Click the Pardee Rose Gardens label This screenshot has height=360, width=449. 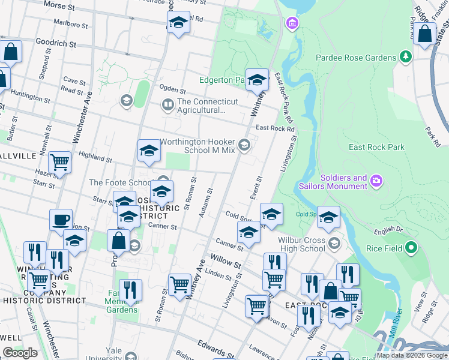(x=356, y=58)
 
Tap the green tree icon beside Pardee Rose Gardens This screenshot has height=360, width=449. (x=406, y=57)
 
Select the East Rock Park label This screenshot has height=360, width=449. (x=376, y=147)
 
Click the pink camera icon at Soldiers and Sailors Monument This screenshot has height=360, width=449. (x=376, y=180)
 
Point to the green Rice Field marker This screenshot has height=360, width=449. (x=411, y=247)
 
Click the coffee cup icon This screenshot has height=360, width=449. (x=61, y=220)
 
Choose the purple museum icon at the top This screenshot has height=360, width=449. (x=292, y=23)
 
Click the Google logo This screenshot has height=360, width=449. (x=20, y=353)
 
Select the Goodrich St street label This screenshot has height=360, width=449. (x=55, y=44)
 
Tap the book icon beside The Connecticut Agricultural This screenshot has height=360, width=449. (x=167, y=106)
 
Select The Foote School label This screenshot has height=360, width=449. (x=120, y=182)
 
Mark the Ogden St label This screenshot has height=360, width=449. (x=173, y=89)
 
